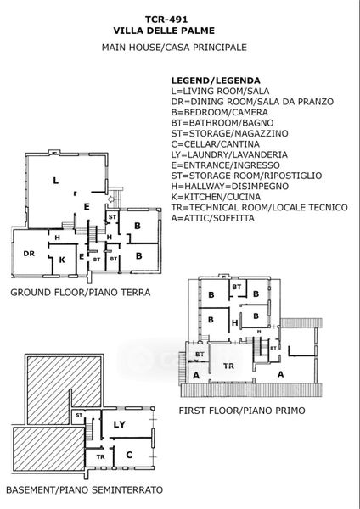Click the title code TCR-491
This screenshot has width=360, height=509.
tap(166, 20)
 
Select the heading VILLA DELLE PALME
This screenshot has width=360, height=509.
tap(164, 31)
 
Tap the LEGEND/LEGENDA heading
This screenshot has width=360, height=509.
tap(216, 81)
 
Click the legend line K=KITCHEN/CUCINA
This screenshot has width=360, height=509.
tap(216, 197)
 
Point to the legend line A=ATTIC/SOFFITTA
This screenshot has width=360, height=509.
tap(213, 218)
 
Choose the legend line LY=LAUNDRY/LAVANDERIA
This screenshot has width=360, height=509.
tap(229, 155)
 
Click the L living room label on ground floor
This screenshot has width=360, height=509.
tap(56, 181)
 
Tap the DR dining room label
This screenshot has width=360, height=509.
tap(29, 254)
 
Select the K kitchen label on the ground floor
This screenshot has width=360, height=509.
tap(62, 260)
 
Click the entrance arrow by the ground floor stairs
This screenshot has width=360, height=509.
tap(111, 199)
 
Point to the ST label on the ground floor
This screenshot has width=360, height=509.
tap(112, 217)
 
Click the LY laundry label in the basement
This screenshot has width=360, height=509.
tap(119, 424)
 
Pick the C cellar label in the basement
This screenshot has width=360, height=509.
tap(129, 455)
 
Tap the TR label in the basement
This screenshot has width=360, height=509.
tap(100, 456)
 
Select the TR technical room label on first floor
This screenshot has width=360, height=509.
tap(228, 366)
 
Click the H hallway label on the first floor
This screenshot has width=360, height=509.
tap(234, 323)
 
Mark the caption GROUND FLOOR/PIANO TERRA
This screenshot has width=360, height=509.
tap(81, 293)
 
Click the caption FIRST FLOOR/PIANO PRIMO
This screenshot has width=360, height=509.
tap(242, 411)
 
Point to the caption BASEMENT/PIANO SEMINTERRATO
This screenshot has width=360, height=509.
tap(84, 489)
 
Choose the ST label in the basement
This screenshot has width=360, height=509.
tap(79, 415)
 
